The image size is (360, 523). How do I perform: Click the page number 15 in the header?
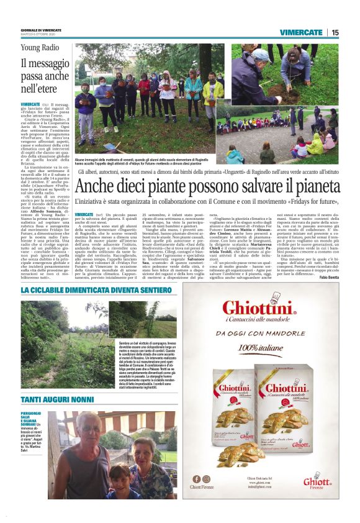point(335,32)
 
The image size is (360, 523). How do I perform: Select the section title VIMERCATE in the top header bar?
point(300,32)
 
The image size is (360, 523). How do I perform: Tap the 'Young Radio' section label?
point(38,47)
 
